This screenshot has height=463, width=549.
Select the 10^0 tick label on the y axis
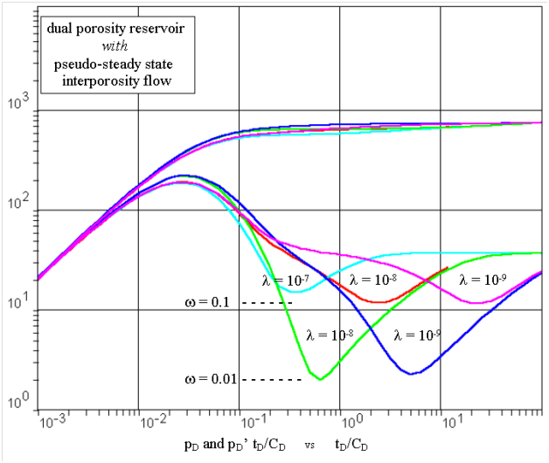(18, 406)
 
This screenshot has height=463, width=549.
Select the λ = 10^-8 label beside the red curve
(373, 280)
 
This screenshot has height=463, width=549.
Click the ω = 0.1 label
(207, 303)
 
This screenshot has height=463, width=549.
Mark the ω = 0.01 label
(210, 379)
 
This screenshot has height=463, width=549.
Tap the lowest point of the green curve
(321, 379)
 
